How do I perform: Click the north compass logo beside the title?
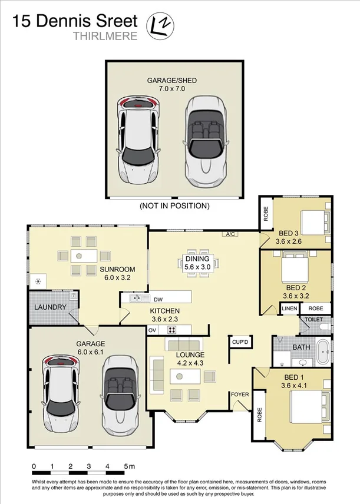[160, 26]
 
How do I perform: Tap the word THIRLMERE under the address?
[105, 36]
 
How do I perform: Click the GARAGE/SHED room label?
[172, 80]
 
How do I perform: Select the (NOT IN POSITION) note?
[174, 205]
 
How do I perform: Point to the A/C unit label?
[230, 234]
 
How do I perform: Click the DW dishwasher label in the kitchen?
[158, 300]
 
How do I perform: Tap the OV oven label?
[152, 330]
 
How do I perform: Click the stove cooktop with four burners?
[172, 330]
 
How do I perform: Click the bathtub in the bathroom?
[323, 352]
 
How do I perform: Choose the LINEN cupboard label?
[289, 309]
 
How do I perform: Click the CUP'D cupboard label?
[240, 342]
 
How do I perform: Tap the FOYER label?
[240, 394]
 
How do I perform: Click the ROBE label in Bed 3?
[266, 213]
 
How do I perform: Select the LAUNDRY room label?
[50, 307]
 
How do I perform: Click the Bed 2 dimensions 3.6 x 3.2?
[296, 296]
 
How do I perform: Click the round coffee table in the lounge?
[180, 376]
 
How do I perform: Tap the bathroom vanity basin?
[303, 363]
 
